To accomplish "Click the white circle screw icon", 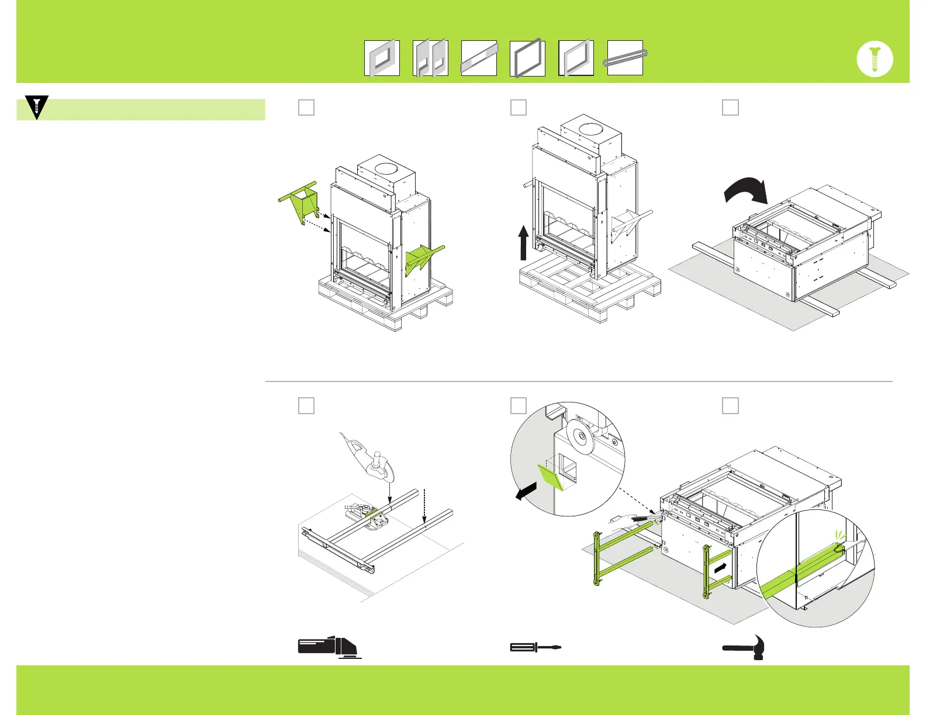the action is (875, 59).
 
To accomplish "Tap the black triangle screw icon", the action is (37, 107).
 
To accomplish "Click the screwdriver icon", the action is (535, 647).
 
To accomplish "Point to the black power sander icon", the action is (327, 646).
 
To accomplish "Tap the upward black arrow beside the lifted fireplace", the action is (523, 242).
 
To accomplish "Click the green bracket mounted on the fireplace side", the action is (422, 257).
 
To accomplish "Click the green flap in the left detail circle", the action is (550, 476).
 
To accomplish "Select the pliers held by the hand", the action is (646, 519).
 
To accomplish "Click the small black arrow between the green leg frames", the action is (721, 567).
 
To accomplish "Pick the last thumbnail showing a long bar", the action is (625, 58).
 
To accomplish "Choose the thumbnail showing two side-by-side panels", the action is (430, 58).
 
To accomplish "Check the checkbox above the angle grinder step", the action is (306, 405).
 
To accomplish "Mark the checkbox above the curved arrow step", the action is (730, 107).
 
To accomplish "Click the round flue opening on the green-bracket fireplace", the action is (385, 169).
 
